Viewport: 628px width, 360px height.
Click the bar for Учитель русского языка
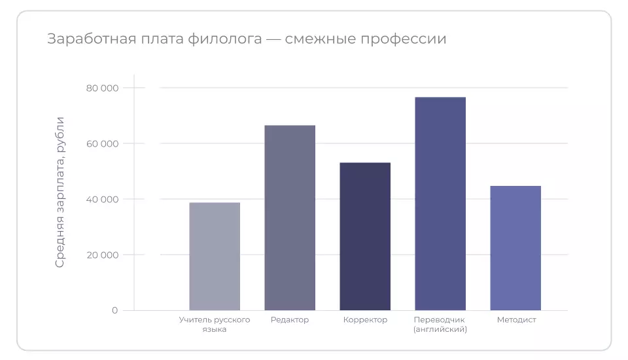(215, 257)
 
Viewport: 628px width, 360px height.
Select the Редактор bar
(290, 217)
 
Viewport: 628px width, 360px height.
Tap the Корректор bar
(365, 236)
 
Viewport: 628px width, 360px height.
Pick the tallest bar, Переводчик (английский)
(440, 204)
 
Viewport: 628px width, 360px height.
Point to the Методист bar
(515, 248)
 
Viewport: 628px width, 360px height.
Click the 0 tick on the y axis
(114, 310)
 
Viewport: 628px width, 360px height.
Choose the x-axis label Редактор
(290, 320)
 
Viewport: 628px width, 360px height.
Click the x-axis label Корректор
(365, 320)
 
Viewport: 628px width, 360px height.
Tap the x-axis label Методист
(516, 320)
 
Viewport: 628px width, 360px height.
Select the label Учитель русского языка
(215, 325)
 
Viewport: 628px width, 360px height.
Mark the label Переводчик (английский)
(440, 325)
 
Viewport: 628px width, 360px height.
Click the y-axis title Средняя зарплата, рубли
(60, 192)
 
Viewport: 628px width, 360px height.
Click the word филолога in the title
(224, 39)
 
